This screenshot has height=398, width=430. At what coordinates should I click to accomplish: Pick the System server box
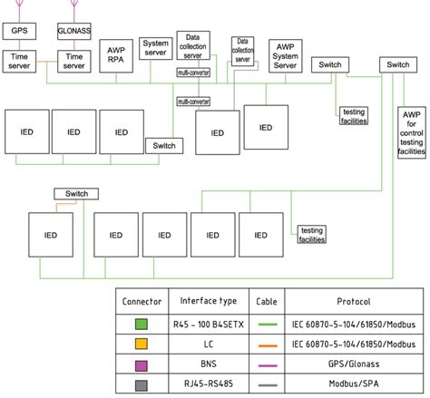156,49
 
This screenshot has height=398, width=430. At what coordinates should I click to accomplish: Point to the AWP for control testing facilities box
411,133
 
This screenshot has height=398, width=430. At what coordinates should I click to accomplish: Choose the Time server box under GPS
18,61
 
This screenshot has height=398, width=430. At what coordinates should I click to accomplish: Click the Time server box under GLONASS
73,61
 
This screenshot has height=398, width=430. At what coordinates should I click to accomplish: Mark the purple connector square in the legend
142,364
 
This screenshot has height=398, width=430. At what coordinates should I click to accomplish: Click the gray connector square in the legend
142,384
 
